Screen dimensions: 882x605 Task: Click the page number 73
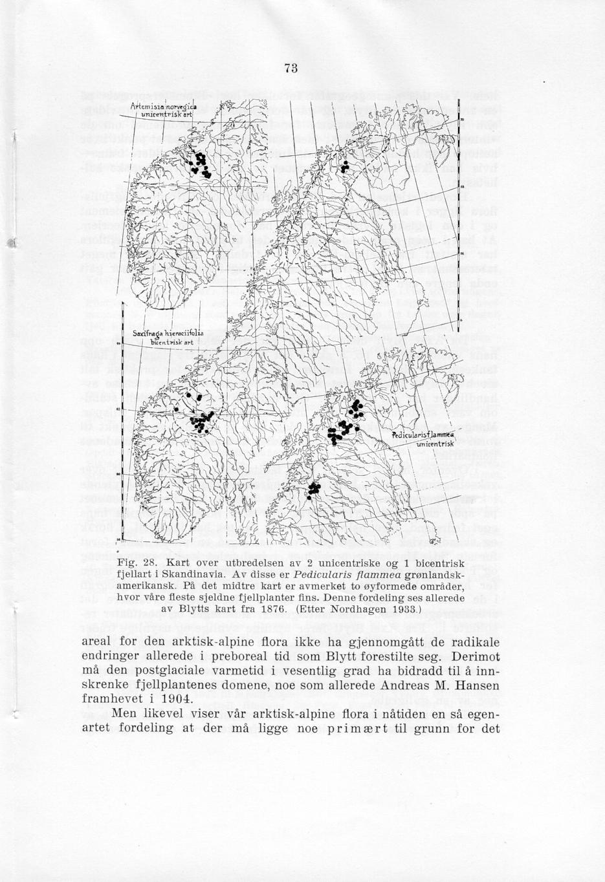289,69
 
